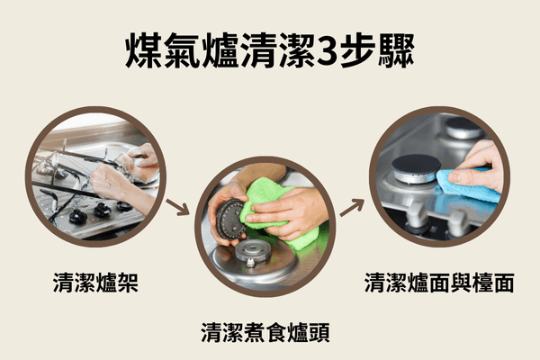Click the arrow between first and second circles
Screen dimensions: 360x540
(179, 210)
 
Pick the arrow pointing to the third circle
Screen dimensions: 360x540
(353, 206)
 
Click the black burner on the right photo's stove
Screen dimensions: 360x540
(417, 166)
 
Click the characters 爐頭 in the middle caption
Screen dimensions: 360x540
(309, 334)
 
